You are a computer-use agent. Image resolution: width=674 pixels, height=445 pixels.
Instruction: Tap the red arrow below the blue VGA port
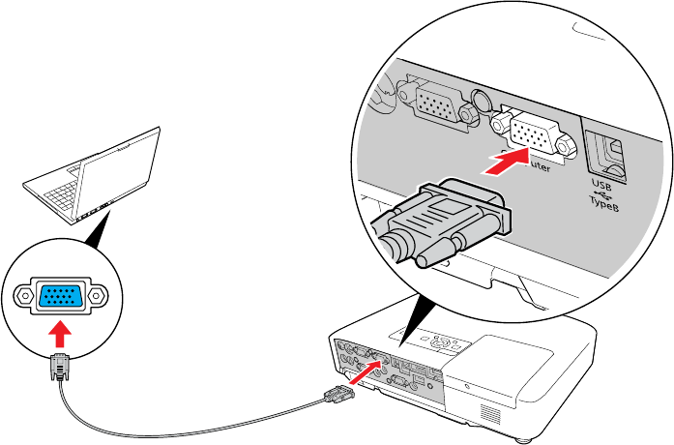(x=60, y=336)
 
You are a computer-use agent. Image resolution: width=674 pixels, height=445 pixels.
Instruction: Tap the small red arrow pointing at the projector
(x=365, y=371)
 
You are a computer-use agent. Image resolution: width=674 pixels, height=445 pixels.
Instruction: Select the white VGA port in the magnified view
(x=530, y=133)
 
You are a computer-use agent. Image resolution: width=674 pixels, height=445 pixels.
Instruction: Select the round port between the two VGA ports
(x=481, y=101)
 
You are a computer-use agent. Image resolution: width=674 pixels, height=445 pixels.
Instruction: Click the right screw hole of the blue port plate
(x=98, y=294)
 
